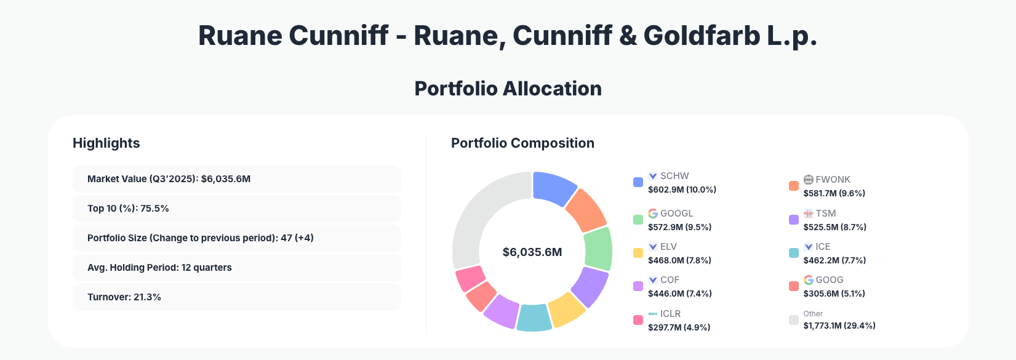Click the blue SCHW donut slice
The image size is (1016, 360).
553,188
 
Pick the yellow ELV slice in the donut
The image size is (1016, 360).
566,308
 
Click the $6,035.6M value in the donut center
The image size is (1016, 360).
532,252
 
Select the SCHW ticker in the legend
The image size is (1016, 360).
674,176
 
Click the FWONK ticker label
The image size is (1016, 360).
833,180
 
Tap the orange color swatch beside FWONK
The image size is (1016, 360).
794,186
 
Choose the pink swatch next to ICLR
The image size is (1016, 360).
638,320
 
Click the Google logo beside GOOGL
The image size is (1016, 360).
653,214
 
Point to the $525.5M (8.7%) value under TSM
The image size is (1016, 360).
834,227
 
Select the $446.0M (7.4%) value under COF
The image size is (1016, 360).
679,294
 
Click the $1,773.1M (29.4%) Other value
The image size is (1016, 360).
839,326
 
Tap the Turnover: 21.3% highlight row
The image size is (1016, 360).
237,297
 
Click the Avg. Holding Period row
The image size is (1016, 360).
237,268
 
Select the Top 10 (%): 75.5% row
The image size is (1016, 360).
237,209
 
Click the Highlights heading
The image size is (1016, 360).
106,143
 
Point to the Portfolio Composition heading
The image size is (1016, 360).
522,143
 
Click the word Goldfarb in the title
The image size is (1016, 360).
701,36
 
